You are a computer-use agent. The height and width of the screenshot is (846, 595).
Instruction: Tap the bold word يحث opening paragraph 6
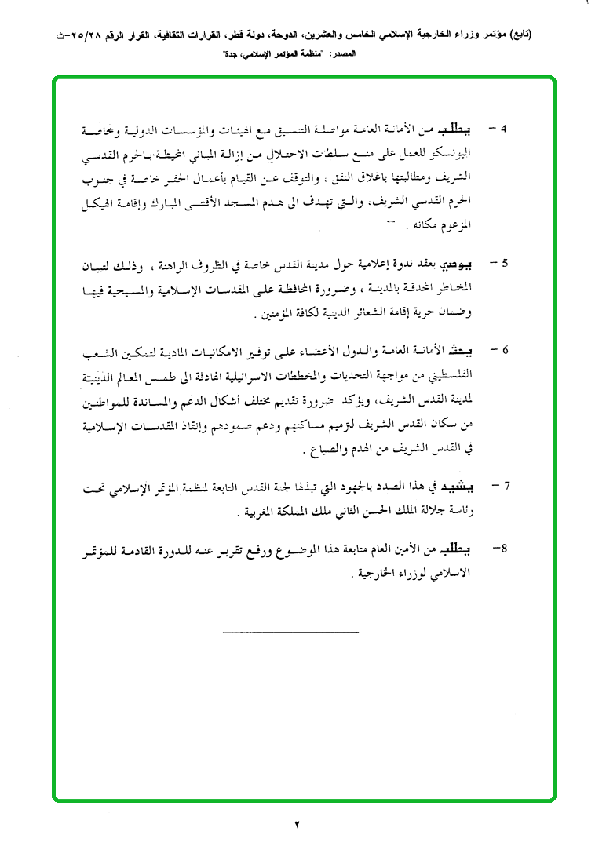click(x=468, y=349)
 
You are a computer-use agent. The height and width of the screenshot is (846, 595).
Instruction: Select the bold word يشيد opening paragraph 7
click(x=462, y=487)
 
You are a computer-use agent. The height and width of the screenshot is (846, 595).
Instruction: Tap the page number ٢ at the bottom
click(x=297, y=824)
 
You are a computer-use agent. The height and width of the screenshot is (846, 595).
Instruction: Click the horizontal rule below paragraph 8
click(x=290, y=631)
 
